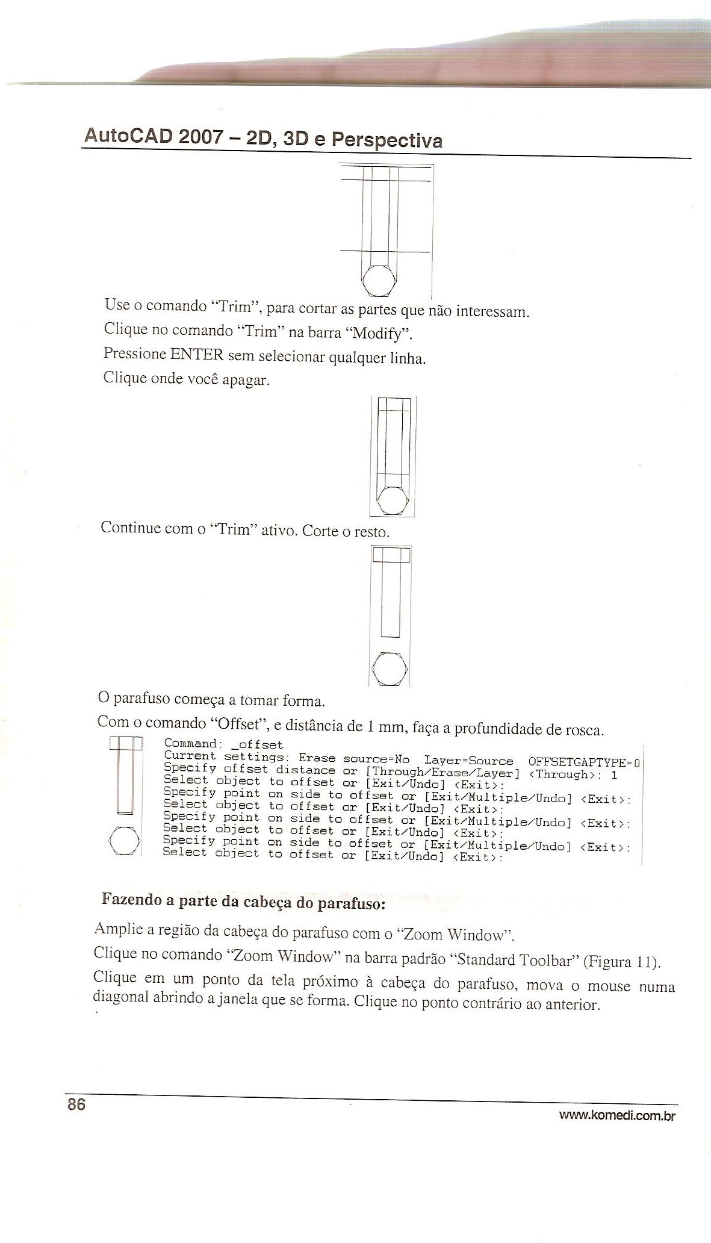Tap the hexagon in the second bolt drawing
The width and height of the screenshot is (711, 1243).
[393, 499]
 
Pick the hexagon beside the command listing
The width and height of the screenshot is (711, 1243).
[125, 841]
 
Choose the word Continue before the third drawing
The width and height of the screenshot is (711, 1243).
[131, 528]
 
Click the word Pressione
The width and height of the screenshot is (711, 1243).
[134, 354]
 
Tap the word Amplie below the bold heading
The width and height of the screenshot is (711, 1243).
[118, 929]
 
